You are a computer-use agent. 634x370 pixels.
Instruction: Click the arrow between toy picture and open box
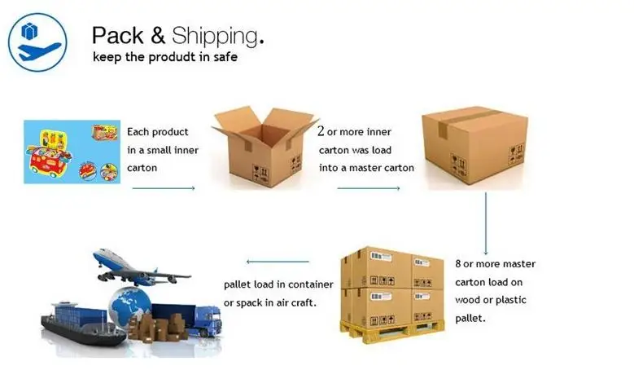[164, 188]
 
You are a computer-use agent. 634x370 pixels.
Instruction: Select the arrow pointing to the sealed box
[368, 188]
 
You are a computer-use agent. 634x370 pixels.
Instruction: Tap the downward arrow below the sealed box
[487, 223]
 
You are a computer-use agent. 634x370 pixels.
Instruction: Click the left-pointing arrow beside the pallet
[278, 262]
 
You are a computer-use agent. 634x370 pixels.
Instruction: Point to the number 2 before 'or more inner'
[321, 131]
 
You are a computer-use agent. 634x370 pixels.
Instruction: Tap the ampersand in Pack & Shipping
[157, 35]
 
